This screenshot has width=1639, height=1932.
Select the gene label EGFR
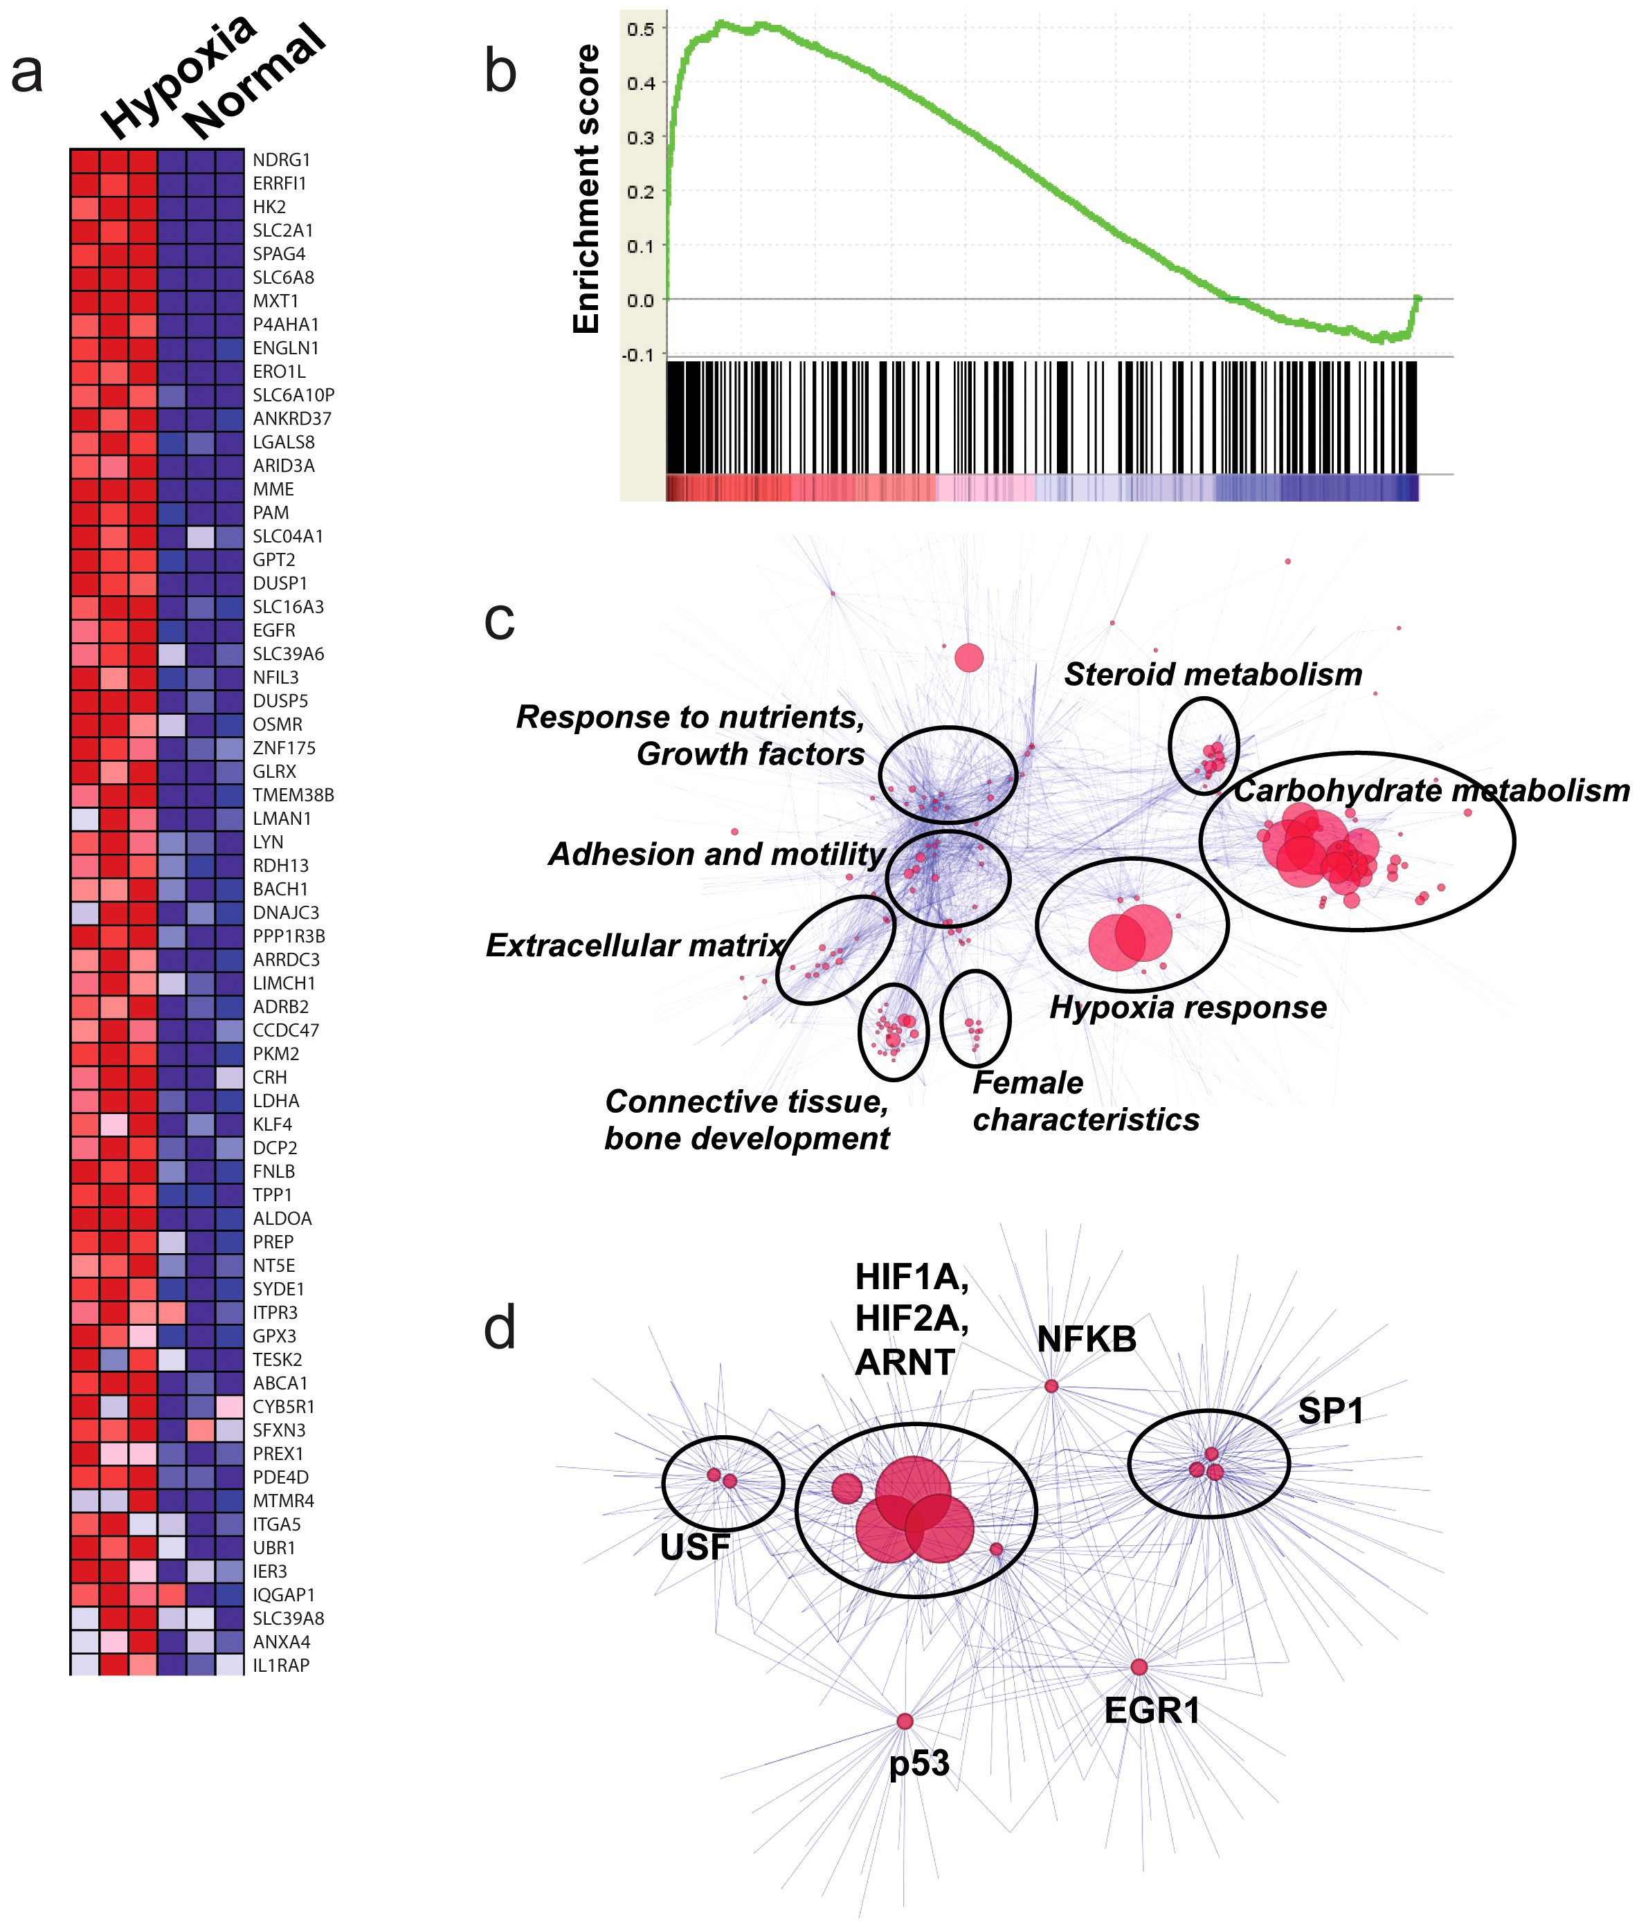point(273,630)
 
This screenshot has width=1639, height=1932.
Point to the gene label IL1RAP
point(280,1666)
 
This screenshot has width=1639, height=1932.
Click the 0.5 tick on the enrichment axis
point(640,29)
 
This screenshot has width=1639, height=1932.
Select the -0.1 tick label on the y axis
point(637,355)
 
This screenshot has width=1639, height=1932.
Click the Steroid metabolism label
point(1213,675)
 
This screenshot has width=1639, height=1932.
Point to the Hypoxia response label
point(1188,1008)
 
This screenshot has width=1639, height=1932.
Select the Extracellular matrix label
point(635,945)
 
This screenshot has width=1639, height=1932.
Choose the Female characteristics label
point(1085,1102)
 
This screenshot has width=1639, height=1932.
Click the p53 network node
point(904,1721)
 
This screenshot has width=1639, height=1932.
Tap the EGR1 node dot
point(1138,1666)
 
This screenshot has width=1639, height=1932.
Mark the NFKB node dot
point(1051,1386)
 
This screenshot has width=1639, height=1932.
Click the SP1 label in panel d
point(1330,1411)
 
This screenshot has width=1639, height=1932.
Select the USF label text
point(694,1547)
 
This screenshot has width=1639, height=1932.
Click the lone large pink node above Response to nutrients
point(969,657)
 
